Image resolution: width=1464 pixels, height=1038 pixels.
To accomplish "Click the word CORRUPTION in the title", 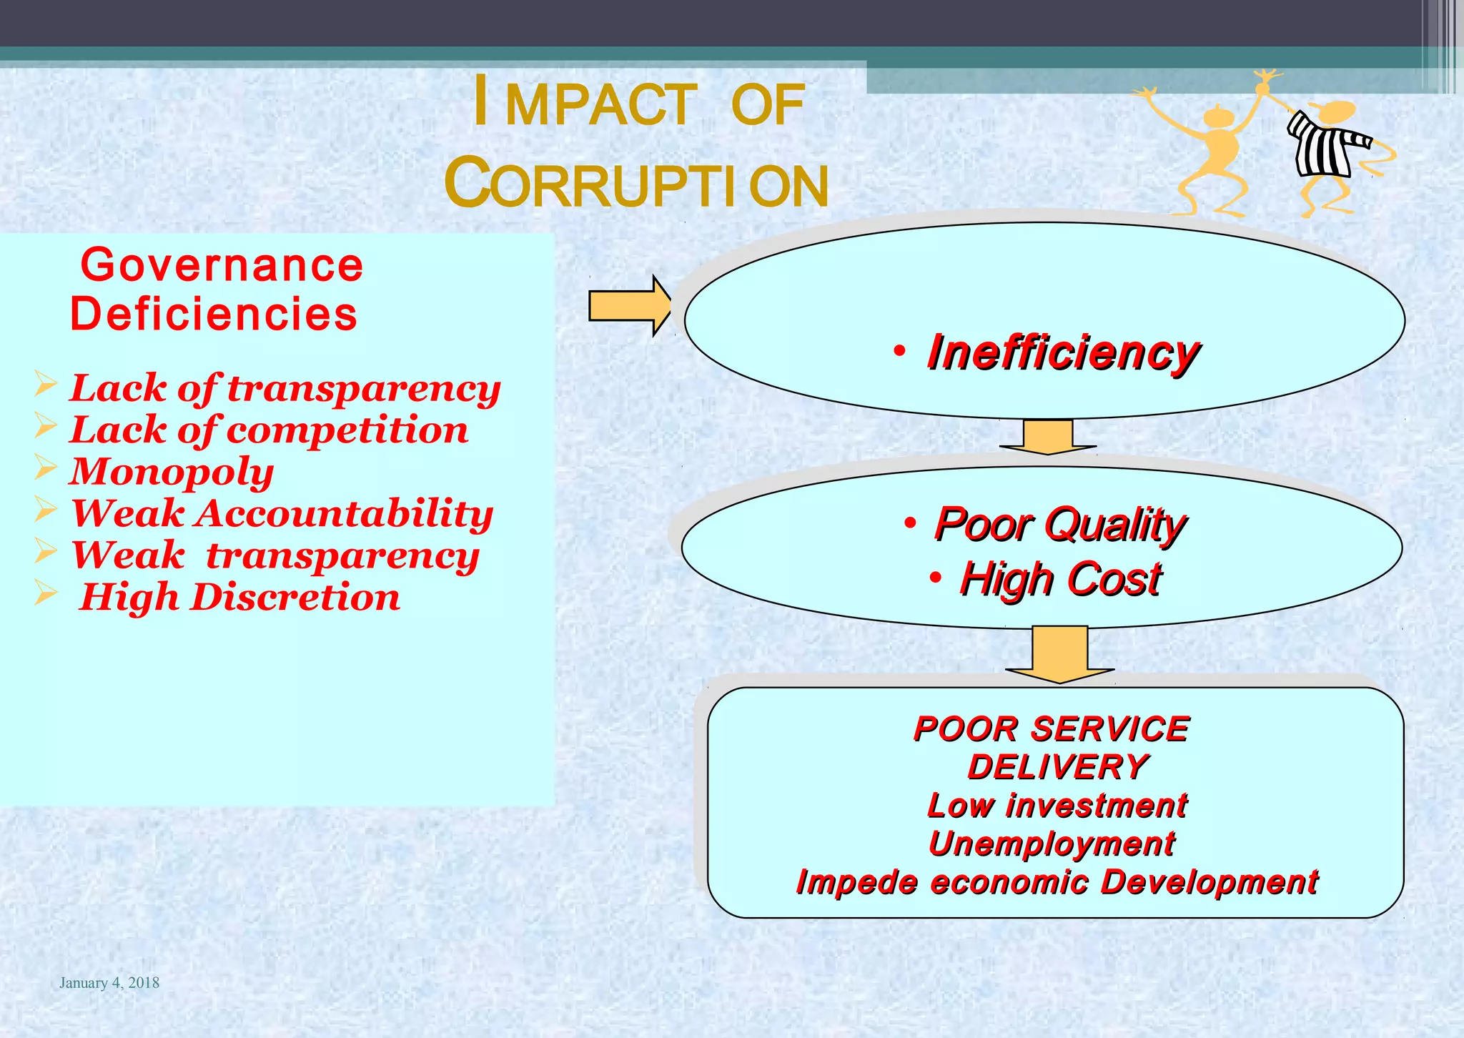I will [636, 184].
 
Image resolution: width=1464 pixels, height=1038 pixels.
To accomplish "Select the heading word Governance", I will [222, 265].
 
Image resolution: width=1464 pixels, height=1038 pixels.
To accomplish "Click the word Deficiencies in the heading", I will [213, 315].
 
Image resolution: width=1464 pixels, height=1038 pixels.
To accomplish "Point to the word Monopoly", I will [172, 472].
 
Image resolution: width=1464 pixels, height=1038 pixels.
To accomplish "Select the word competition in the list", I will [347, 430].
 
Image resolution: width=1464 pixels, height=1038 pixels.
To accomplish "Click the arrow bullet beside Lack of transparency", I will [45, 385].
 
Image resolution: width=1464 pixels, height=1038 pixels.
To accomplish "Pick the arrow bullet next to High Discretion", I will [45, 593].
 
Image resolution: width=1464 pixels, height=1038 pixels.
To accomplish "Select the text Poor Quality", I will [1059, 524].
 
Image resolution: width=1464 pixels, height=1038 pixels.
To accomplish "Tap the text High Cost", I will [1059, 578].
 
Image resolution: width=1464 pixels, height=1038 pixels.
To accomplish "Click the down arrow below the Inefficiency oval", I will [1047, 436].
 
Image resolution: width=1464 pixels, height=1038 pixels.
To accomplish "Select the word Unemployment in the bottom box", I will [1051, 844].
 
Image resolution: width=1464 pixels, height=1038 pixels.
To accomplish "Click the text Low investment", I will [1057, 806].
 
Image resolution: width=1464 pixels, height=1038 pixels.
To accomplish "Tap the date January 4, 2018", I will [109, 983].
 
